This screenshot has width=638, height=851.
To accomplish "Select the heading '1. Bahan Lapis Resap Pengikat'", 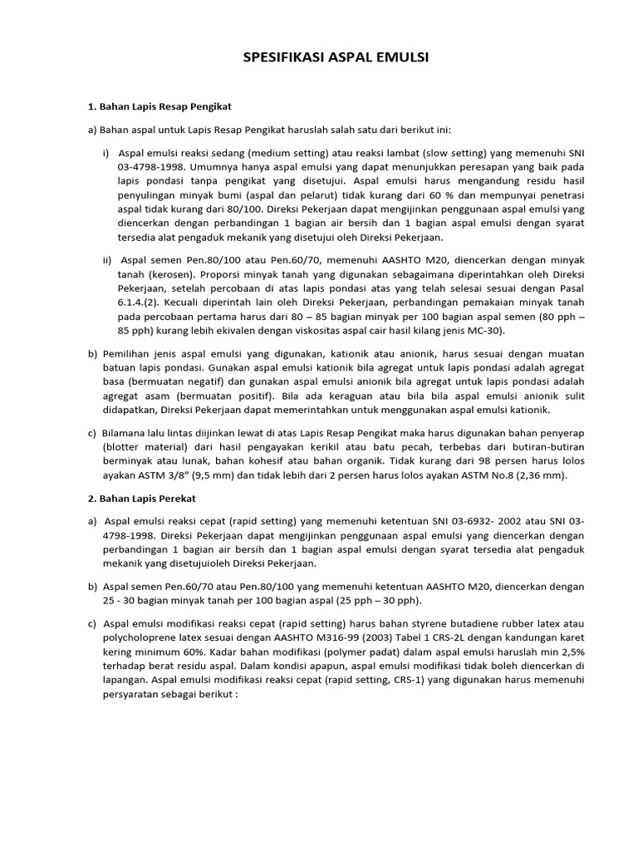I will click(159, 107).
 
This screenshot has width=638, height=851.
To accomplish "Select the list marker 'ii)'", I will click(108, 259).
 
